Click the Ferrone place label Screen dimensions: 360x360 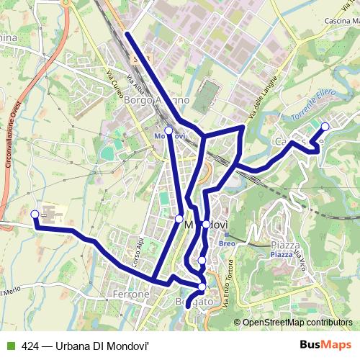point(130,294)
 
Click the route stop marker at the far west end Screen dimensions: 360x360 point(35,213)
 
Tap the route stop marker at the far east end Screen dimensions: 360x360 point(325,127)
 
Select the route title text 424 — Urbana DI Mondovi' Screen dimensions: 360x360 point(84,346)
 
